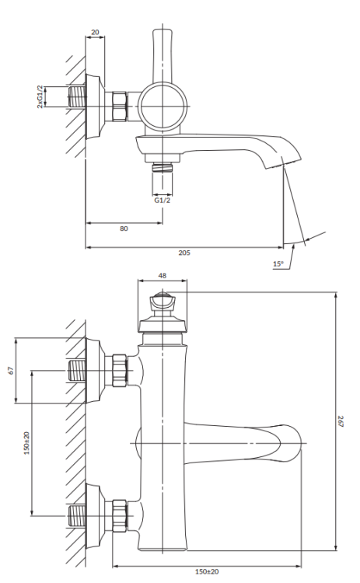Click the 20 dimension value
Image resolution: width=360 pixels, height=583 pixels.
point(95,32)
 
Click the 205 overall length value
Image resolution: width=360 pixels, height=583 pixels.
point(185,253)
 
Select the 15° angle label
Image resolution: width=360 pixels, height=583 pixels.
point(278,264)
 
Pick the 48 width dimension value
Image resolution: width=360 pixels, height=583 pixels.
point(163,274)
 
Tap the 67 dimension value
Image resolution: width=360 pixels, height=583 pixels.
point(10,370)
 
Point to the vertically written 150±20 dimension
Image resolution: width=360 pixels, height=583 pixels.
point(26,443)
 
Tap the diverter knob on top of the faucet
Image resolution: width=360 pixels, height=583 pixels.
point(163,303)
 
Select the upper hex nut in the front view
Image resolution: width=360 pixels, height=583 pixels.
point(121,370)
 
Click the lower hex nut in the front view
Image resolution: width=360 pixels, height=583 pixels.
point(121,515)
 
